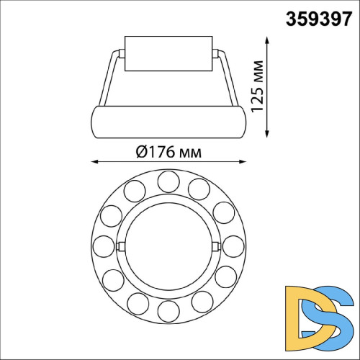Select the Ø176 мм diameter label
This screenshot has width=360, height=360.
point(167,152)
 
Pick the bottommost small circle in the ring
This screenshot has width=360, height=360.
point(168,312)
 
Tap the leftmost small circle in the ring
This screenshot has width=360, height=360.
point(104,246)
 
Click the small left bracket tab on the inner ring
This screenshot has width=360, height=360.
point(120,246)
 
